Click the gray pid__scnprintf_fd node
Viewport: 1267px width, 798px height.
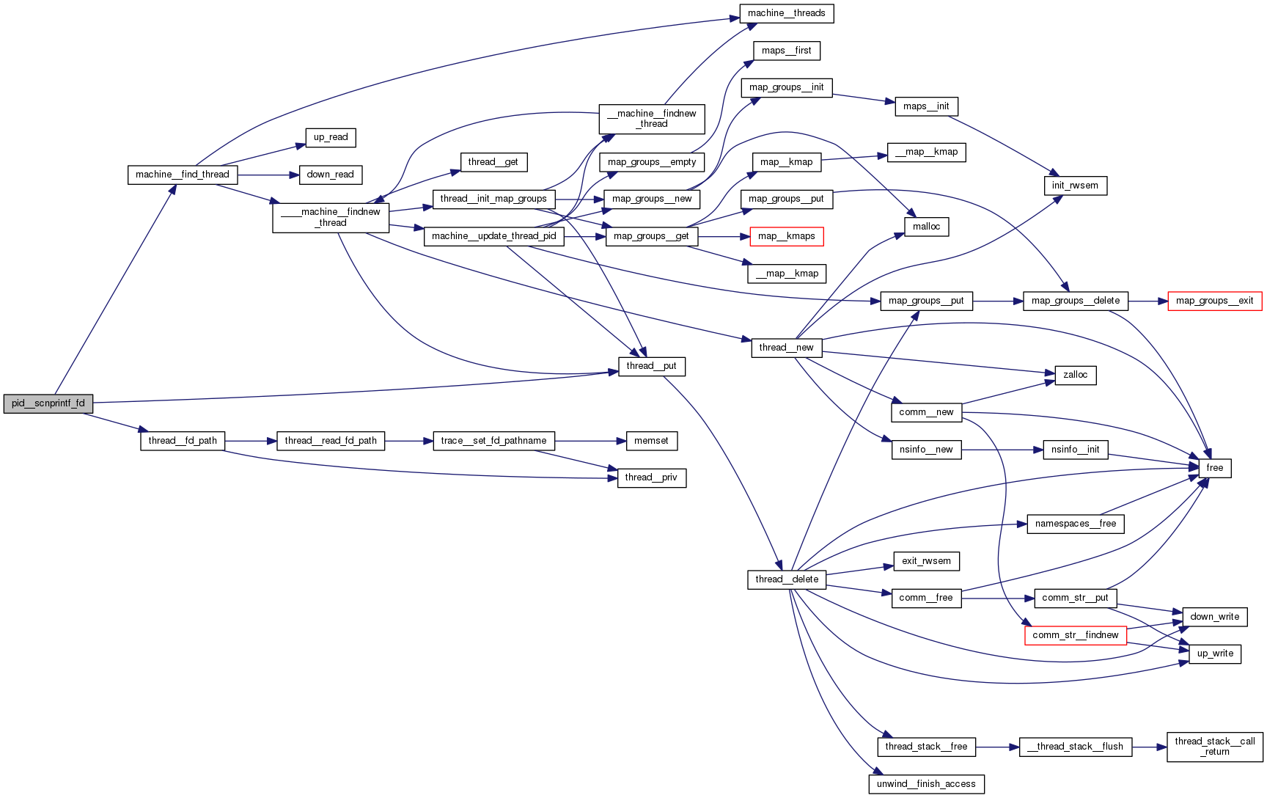pyautogui.click(x=48, y=403)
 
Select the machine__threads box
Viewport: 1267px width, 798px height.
pyautogui.click(x=787, y=13)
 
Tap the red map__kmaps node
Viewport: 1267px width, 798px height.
pyautogui.click(x=787, y=236)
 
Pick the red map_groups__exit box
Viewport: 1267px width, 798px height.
pyautogui.click(x=1214, y=301)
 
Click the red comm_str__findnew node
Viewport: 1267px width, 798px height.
pyautogui.click(x=1075, y=635)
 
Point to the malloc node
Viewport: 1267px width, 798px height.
pyautogui.click(x=926, y=227)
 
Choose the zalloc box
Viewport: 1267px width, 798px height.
pyautogui.click(x=1075, y=375)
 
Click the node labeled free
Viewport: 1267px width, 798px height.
pyautogui.click(x=1214, y=468)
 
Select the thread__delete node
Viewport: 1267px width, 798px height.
pyautogui.click(x=787, y=579)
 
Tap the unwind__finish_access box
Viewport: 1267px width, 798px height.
pyautogui.click(x=926, y=784)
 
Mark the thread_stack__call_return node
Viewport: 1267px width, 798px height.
pyautogui.click(x=1214, y=747)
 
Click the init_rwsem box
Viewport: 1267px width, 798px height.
pyautogui.click(x=1075, y=186)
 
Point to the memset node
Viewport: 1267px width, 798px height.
pyautogui.click(x=651, y=441)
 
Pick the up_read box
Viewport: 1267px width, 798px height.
pyautogui.click(x=331, y=137)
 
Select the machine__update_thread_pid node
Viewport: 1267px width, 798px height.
pyautogui.click(x=493, y=236)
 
